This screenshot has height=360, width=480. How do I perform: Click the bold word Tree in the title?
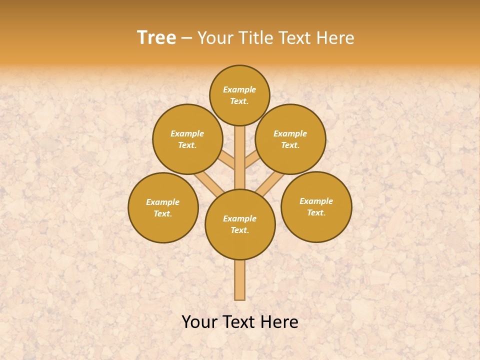(x=156, y=38)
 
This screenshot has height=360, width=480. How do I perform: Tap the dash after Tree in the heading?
(x=186, y=38)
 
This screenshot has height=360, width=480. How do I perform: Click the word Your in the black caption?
(x=199, y=322)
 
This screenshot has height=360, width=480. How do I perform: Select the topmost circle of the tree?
(x=239, y=95)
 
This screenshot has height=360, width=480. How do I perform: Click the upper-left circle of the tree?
(x=187, y=139)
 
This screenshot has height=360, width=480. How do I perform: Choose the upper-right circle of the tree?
(x=290, y=139)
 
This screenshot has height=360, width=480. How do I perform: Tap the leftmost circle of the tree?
(x=163, y=207)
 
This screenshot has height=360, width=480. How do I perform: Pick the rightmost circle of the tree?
(x=316, y=207)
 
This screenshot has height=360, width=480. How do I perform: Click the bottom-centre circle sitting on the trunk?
(x=240, y=224)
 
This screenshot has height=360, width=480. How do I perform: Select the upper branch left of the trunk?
(x=227, y=160)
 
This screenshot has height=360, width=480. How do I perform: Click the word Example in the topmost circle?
(x=239, y=89)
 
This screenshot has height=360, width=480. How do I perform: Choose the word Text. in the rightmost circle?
(x=316, y=212)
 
